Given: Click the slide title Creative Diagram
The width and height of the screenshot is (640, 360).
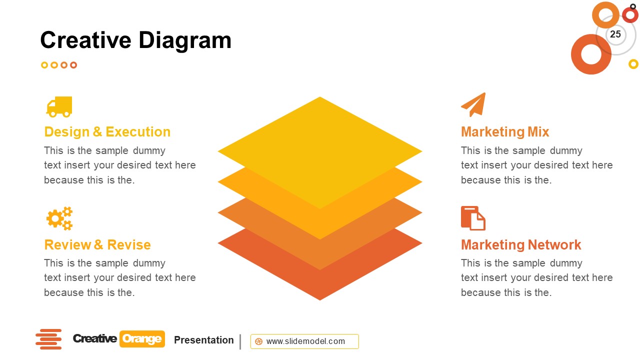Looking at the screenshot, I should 135,40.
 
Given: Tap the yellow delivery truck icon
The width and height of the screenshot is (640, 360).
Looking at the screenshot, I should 59,106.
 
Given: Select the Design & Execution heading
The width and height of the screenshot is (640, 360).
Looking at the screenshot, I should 107,132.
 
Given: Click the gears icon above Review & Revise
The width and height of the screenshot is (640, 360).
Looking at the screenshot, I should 59,218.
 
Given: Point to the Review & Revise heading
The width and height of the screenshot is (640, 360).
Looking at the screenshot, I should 97,245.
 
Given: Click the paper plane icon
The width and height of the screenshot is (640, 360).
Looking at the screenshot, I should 473,104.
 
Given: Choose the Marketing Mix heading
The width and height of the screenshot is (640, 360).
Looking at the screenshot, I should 504,132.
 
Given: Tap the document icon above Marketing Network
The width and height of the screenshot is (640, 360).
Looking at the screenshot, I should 473,218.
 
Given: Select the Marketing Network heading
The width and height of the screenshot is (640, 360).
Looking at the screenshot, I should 520,245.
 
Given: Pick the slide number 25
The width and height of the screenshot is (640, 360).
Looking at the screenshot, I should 615,34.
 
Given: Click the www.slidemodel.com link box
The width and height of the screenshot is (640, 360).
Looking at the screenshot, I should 304,341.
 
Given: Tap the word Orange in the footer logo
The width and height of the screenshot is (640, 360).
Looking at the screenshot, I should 142,339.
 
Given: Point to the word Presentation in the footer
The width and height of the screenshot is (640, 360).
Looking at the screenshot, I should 203,340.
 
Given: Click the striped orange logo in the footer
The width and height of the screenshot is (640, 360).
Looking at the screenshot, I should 48,339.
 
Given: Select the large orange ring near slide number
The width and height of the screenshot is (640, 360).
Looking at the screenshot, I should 591,54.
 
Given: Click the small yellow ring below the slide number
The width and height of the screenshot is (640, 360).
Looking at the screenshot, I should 633,64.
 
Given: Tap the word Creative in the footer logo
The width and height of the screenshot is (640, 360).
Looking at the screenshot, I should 94,339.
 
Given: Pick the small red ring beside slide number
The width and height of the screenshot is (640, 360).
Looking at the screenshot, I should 630,15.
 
